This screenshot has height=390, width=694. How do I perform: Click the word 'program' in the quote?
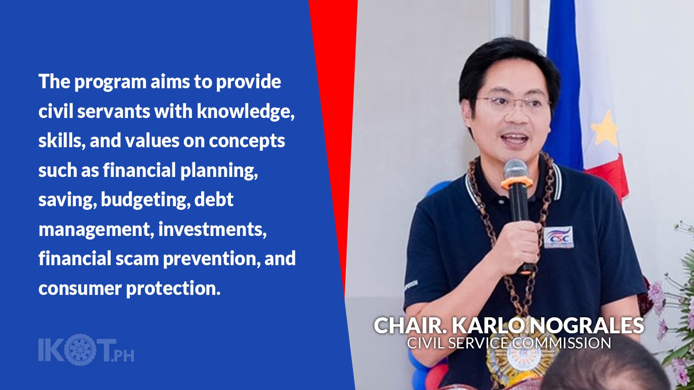point(110,82)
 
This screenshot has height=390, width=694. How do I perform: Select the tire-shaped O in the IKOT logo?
point(80,349)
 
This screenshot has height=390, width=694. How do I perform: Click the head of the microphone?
point(515,169)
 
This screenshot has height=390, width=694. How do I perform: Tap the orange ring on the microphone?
point(517,182)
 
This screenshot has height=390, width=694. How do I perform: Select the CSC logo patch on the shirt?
point(558,237)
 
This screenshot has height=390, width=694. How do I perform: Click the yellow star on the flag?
point(605,128)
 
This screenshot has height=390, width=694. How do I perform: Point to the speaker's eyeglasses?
point(512,103)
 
